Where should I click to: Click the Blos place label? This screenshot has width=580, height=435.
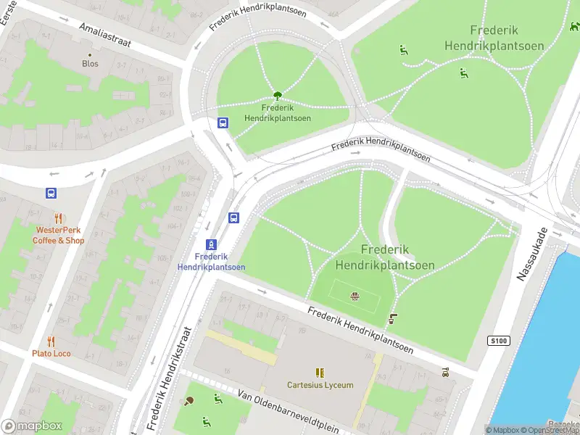click(x=90, y=64)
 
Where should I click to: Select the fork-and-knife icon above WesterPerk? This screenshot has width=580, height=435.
click(x=59, y=217)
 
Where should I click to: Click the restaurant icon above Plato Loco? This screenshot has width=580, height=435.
click(x=51, y=341)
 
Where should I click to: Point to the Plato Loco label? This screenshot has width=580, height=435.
click(x=51, y=354)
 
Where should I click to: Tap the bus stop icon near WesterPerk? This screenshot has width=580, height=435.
click(x=51, y=193)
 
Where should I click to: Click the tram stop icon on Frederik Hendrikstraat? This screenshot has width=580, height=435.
click(x=211, y=244)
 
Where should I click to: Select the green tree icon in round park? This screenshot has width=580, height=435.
click(x=277, y=95)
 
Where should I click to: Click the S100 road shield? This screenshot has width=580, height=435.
click(x=499, y=341)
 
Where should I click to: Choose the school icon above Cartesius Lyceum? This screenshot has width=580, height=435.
click(x=320, y=373)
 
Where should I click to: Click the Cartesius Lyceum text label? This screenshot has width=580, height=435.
click(x=320, y=385)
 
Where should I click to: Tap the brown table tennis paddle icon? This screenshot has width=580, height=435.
click(x=188, y=401)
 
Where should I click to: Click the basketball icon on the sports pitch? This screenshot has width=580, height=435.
click(x=355, y=296)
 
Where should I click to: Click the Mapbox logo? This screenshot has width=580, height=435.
click(x=32, y=426)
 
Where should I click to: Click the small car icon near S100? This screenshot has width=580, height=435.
click(x=445, y=373)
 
